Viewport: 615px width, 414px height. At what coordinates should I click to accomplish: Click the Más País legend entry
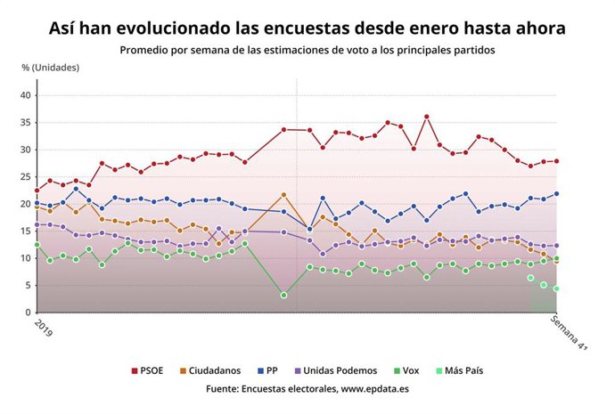[467, 369]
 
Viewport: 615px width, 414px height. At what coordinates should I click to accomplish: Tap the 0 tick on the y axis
[28, 313]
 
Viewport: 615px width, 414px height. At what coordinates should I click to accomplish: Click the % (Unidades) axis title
[51, 68]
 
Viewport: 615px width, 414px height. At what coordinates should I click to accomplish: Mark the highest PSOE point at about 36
[426, 117]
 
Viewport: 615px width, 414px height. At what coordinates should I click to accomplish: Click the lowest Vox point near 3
[283, 295]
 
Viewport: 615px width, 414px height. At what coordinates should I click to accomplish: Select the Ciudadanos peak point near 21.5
[283, 195]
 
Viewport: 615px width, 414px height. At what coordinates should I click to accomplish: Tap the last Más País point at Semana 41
[556, 288]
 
